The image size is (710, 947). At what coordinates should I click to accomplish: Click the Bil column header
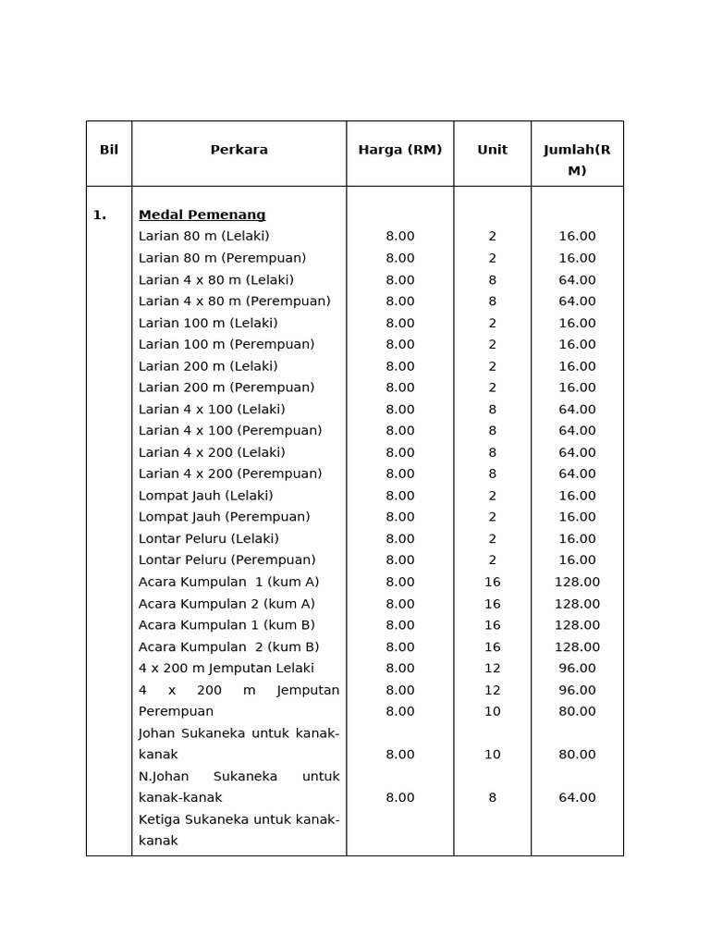109,150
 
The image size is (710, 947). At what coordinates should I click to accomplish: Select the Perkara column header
239,150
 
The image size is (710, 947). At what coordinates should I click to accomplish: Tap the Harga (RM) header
399,150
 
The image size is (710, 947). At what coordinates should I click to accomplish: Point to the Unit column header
492,150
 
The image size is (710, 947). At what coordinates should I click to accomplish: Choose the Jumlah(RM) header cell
577,159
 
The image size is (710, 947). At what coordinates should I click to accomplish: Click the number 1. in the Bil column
99,215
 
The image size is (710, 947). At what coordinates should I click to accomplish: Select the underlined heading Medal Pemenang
202,215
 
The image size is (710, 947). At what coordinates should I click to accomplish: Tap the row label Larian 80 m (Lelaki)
203,237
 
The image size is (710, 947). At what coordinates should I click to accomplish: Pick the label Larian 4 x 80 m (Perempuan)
234,301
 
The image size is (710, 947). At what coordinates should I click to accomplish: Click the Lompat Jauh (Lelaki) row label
205,496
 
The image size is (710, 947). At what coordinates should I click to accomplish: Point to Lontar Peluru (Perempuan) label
226,560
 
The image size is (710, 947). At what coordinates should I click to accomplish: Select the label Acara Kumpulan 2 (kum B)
228,647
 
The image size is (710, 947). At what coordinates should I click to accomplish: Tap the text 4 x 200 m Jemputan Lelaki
226,669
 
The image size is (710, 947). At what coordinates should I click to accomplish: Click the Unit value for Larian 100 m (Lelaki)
492,324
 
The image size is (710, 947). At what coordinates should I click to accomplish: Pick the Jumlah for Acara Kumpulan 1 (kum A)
577,583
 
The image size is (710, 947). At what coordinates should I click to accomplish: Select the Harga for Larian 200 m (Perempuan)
399,388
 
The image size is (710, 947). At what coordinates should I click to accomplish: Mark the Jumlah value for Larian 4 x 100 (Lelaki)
577,410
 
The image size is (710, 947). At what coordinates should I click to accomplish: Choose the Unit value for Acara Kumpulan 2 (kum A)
492,604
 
